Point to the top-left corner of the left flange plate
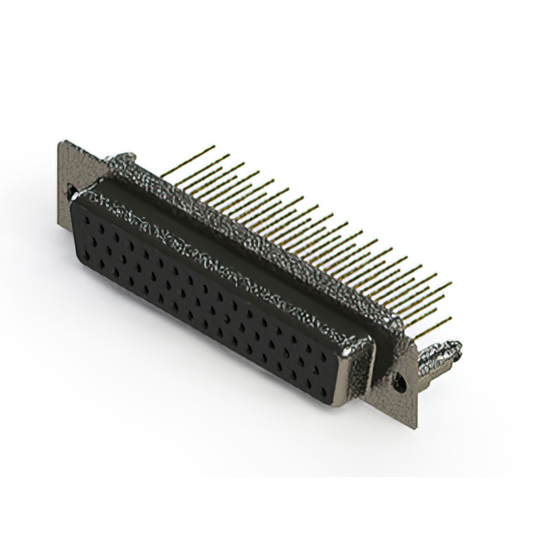click(61, 142)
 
